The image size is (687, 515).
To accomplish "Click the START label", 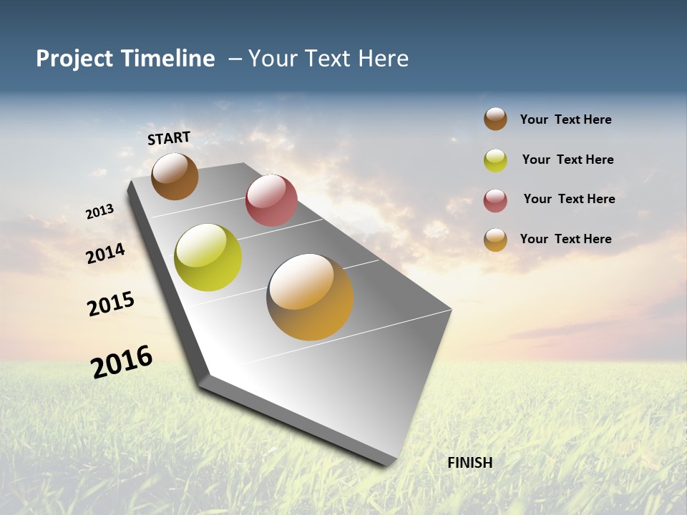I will click(169, 138).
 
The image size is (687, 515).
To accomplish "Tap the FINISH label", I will click(470, 463).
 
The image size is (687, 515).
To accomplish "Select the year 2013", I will click(99, 212).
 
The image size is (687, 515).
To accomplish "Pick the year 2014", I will click(106, 253).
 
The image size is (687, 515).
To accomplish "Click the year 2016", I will click(122, 362).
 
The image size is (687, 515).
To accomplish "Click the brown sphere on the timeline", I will click(175, 176).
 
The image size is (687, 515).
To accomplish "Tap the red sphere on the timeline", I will click(271, 200).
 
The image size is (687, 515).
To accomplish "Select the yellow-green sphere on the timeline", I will click(208, 257).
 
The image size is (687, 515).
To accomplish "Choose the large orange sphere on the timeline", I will click(310, 297).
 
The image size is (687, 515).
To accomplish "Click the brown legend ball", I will click(495, 119).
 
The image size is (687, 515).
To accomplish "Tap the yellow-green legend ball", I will click(495, 160).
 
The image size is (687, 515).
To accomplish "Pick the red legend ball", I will click(495, 200).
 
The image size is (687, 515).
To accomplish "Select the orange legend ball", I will click(495, 240).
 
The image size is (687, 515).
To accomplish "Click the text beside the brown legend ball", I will click(565, 119).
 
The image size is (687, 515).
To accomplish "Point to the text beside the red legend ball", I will click(569, 199).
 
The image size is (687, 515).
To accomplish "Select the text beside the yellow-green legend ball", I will click(567, 160).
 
